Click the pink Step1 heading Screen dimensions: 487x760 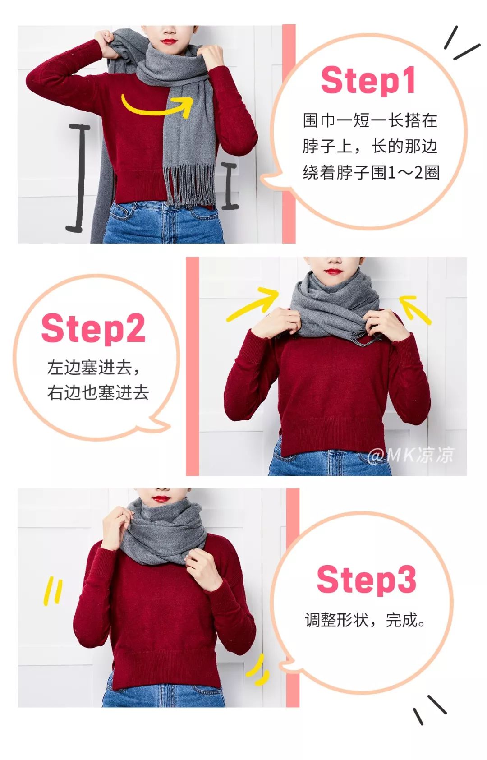pyautogui.click(x=368, y=80)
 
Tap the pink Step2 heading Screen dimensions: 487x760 pyautogui.click(x=93, y=328)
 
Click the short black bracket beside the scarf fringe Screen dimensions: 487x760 pyautogui.click(x=230, y=185)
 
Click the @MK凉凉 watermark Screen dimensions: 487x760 pyautogui.click(x=410, y=455)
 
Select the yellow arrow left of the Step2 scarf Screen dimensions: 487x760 pyautogui.click(x=253, y=304)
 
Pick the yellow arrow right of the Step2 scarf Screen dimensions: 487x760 pyautogui.click(x=414, y=308)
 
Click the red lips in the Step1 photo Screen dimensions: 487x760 pyautogui.click(x=169, y=42)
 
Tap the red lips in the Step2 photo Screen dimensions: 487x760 pyautogui.click(x=333, y=272)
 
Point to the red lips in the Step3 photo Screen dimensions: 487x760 pyautogui.click(x=160, y=499)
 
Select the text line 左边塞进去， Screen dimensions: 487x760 pyautogui.click(x=94, y=368)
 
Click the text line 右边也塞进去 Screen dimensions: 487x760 pyautogui.click(x=98, y=392)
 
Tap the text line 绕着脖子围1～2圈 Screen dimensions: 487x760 pyautogui.click(x=371, y=172)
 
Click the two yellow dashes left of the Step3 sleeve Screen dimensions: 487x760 pyautogui.click(x=53, y=591)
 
